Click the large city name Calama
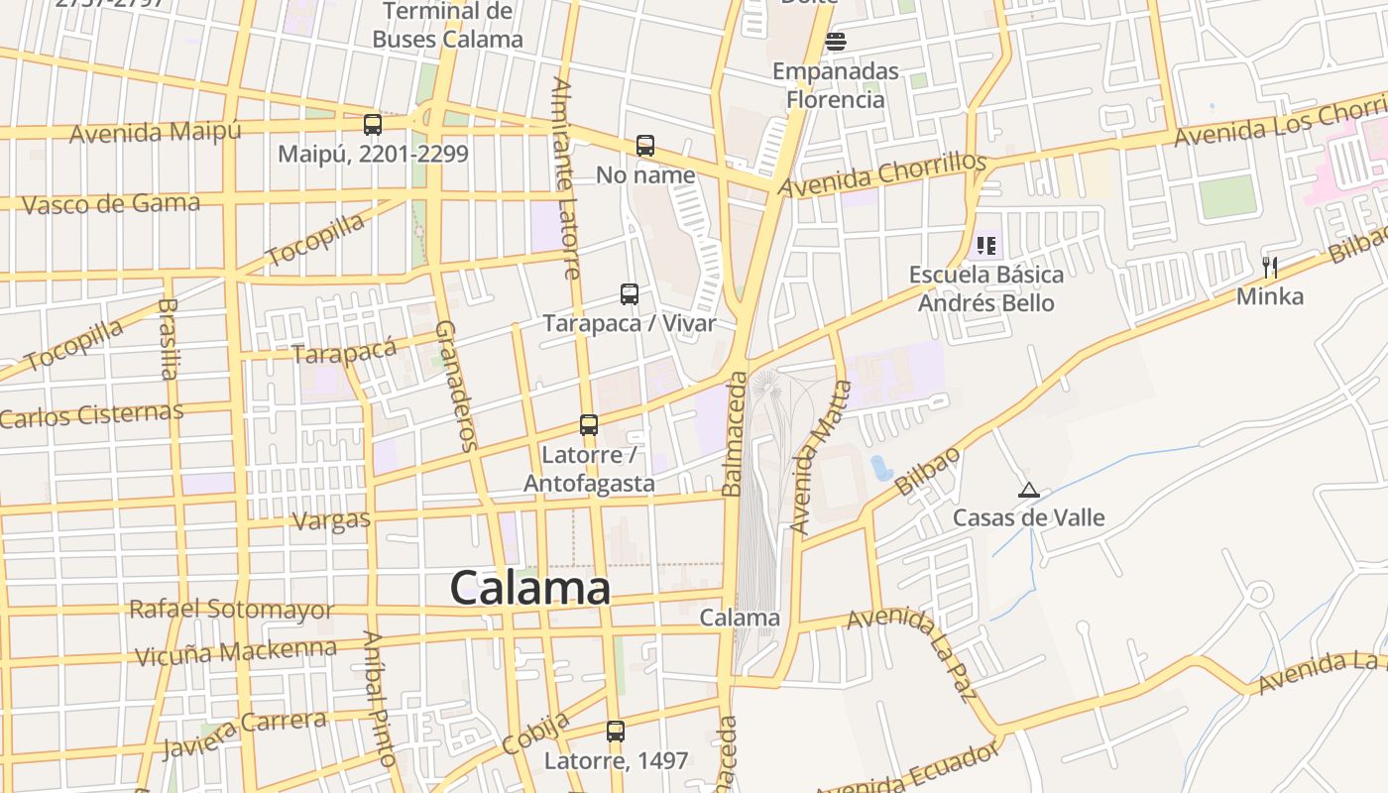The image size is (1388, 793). point(529,588)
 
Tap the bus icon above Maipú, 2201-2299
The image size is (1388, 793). point(373,125)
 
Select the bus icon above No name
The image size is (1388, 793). point(645,146)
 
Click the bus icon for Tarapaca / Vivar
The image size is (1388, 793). point(630,294)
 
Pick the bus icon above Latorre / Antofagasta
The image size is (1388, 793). point(589,425)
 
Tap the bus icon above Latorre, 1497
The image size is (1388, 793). point(616,732)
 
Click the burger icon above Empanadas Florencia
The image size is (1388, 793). point(836,42)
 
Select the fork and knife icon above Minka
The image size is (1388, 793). point(1269,267)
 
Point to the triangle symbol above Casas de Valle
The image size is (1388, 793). point(1028,490)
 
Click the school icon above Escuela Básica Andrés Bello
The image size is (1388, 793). point(985,245)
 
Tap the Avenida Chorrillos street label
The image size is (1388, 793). point(882,174)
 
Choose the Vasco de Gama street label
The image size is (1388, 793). point(110,204)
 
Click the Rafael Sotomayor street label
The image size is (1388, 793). point(231,610)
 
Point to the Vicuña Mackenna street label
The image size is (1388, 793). point(235,652)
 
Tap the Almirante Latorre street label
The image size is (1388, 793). point(566,178)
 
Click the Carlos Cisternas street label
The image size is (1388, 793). point(91,414)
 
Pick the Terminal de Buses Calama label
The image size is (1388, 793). point(447,26)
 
